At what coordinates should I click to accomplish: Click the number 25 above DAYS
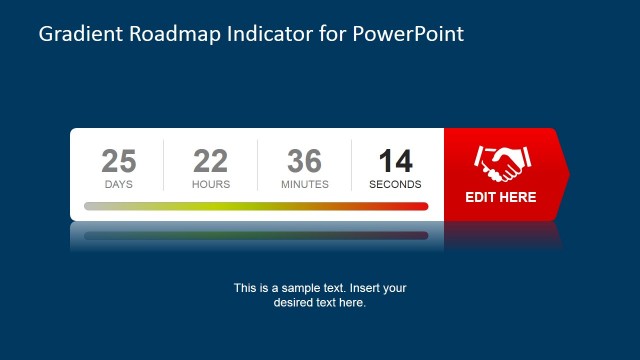(119, 161)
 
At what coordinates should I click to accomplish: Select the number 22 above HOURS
(211, 161)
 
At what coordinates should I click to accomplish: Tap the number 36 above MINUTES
(305, 161)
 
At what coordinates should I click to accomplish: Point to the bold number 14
(395, 161)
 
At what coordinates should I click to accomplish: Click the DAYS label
(119, 184)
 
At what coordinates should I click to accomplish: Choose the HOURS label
(211, 184)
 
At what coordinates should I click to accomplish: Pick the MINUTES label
(305, 184)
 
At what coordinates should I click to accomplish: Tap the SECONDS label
(395, 184)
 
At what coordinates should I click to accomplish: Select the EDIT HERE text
(501, 197)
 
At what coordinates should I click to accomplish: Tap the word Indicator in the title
(269, 35)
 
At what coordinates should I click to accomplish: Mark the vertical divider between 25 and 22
(164, 165)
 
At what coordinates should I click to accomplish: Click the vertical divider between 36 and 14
(352, 165)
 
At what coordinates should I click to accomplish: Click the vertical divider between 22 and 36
(258, 165)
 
